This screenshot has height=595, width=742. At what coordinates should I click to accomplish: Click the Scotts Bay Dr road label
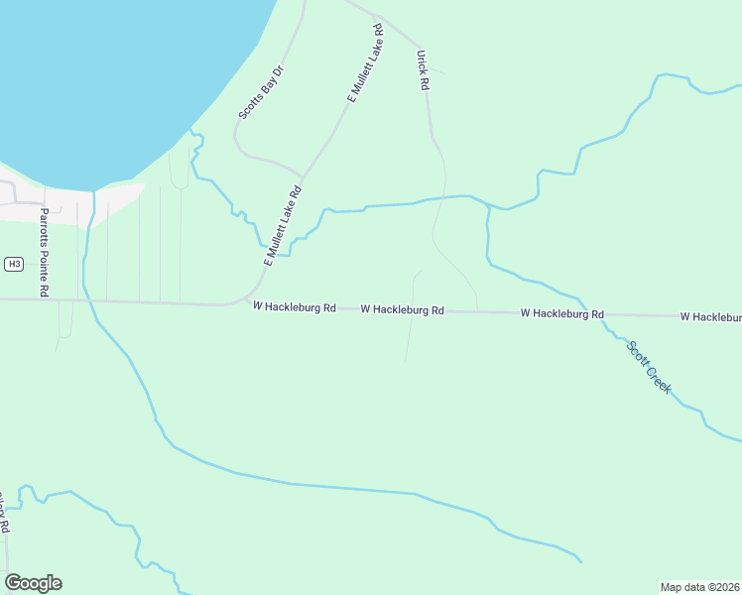coord(261,92)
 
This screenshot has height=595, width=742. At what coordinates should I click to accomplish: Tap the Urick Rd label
coord(423,70)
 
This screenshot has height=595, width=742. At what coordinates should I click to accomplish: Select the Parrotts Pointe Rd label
coord(44,253)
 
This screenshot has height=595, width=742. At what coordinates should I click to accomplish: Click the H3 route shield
coord(13,264)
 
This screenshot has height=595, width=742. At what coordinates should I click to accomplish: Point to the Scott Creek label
coord(649,367)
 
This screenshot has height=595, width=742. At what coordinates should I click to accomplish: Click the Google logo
coord(33,583)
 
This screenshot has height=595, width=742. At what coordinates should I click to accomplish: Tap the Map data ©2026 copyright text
coord(700,587)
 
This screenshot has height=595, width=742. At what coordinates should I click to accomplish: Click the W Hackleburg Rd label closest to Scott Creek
coord(562,313)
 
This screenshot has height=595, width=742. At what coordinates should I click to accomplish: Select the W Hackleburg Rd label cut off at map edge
coord(711,316)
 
